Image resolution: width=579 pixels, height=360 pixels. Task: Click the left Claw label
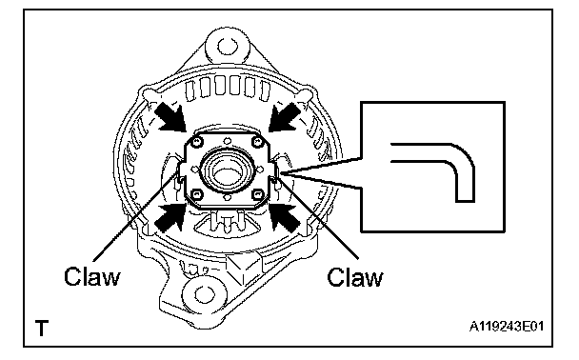tap(92, 276)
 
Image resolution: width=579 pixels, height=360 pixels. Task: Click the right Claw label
tap(355, 277)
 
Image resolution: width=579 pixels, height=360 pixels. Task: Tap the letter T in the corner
tap(42, 328)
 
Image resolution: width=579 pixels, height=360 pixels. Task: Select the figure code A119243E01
tap(507, 327)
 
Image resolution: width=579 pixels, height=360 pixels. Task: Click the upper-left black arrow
tap(170, 117)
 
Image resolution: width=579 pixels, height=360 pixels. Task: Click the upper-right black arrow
tap(284, 117)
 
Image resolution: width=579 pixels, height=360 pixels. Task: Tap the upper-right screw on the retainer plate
tap(257, 141)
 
